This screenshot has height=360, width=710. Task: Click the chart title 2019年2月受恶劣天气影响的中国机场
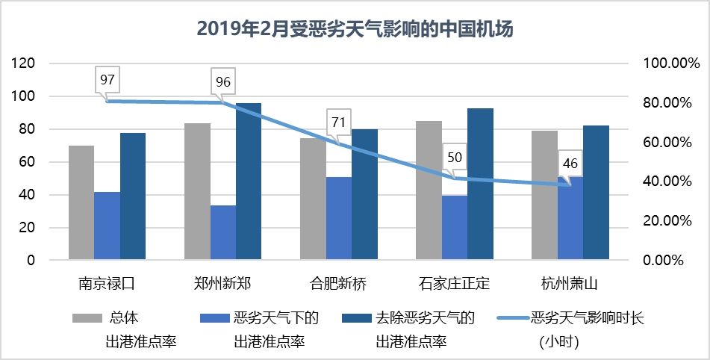pyautogui.click(x=355, y=29)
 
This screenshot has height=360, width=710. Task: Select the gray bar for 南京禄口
pyautogui.click(x=81, y=202)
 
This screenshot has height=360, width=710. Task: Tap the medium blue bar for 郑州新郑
pyautogui.click(x=223, y=232)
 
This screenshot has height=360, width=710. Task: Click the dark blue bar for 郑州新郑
pyautogui.click(x=249, y=181)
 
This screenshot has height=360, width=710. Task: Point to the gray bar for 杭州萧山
pyautogui.click(x=544, y=195)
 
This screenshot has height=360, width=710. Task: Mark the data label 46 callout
pyautogui.click(x=570, y=164)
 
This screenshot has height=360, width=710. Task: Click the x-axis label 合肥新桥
pyautogui.click(x=338, y=284)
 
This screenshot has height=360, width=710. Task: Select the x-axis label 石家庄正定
pyautogui.click(x=454, y=284)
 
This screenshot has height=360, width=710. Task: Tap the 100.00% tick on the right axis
pyautogui.click(x=665, y=63)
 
